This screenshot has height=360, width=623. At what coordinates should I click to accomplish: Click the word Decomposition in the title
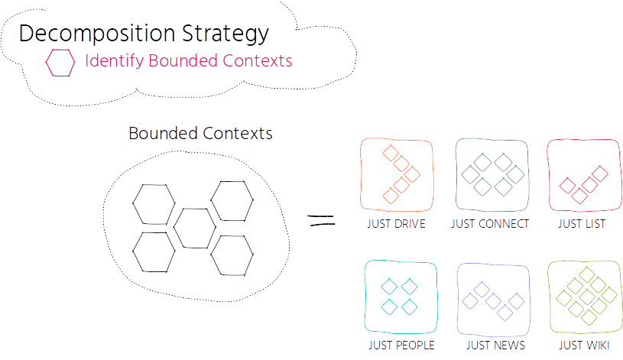(x=97, y=34)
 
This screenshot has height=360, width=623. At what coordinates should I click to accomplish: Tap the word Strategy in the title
(x=226, y=34)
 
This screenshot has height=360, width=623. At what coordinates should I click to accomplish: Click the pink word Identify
(x=114, y=61)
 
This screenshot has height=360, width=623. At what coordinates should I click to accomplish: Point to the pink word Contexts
(x=257, y=61)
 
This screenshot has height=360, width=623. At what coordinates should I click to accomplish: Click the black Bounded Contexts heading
(x=200, y=134)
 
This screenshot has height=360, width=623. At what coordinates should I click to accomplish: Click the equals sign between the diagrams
(x=321, y=220)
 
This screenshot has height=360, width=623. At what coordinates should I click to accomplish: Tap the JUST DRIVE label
(x=396, y=224)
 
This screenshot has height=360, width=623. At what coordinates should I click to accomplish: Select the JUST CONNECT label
(x=490, y=224)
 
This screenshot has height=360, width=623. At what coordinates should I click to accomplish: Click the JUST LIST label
(x=582, y=224)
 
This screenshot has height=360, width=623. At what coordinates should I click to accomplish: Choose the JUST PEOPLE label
(x=401, y=345)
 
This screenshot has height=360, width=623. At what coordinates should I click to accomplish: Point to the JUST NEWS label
(x=495, y=345)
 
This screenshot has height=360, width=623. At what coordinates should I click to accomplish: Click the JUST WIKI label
(x=584, y=345)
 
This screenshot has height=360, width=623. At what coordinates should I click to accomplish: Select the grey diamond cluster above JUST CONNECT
(x=493, y=174)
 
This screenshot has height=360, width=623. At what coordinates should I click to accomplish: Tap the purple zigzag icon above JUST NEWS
(x=493, y=301)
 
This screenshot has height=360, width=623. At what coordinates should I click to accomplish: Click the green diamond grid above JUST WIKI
(x=586, y=297)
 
